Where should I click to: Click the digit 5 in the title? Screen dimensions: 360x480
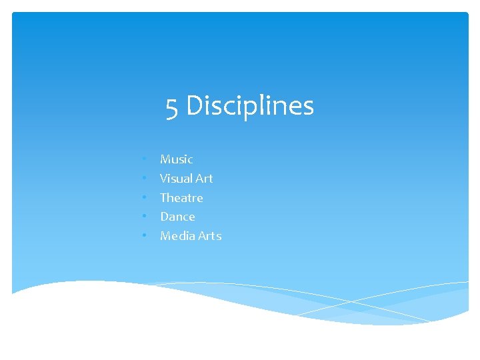tap(173, 107)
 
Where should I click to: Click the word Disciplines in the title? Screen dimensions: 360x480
tap(250, 105)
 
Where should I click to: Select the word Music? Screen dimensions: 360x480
tap(177, 159)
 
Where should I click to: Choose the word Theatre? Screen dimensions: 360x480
tap(181, 198)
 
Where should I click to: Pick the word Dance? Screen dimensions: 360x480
tap(177, 217)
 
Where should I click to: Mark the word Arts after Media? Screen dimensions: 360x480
tap(209, 236)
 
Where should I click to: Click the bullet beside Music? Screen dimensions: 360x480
tap(144, 159)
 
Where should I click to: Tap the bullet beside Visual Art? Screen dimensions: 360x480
tap(144, 179)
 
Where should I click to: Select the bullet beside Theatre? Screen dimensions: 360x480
tap(144, 198)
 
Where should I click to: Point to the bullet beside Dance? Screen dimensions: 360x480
tap(144, 217)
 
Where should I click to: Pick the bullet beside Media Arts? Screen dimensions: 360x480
tap(144, 236)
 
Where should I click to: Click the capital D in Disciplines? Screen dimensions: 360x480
tap(194, 105)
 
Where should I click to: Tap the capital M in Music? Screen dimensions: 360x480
tap(166, 159)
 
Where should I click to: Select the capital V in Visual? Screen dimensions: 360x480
tap(164, 179)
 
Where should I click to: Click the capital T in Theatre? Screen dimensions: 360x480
tap(164, 198)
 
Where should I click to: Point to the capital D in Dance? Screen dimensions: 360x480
tap(165, 217)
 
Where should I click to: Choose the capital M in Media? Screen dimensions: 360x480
tap(166, 236)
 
